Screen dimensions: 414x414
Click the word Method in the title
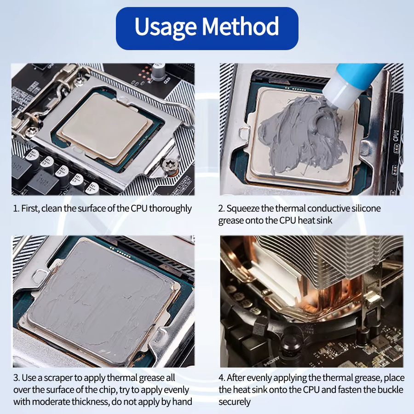[240, 26]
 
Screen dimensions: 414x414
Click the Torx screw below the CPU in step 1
[169, 165]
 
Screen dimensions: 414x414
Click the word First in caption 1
[30, 208]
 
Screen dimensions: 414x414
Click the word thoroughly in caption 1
[170, 208]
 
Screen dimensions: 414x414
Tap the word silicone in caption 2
[366, 208]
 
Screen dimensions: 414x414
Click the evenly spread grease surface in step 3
[100, 301]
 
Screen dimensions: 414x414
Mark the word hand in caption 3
[182, 402]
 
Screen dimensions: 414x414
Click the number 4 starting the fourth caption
[221, 378]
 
